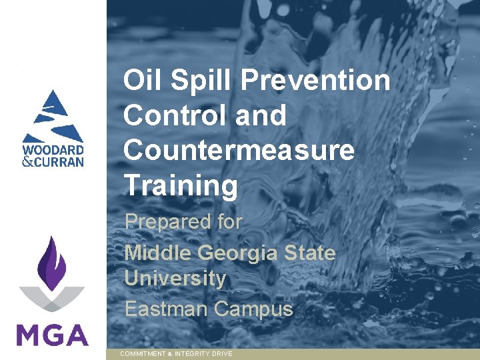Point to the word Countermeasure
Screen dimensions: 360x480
239,150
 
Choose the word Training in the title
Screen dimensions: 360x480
180,186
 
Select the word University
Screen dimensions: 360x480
175,278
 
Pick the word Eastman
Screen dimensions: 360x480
166,309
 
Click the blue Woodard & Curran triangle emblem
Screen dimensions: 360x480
52,113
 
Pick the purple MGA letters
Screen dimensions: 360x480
52,333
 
